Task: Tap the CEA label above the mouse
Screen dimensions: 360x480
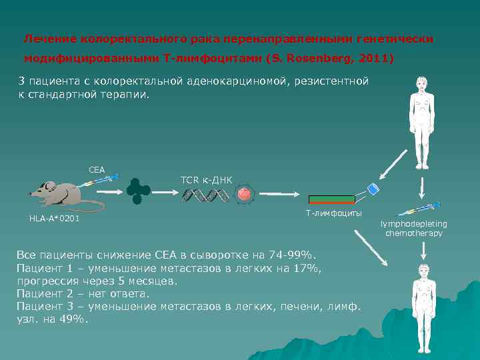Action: pyautogui.click(x=97, y=169)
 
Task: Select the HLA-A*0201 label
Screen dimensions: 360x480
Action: pyautogui.click(x=54, y=219)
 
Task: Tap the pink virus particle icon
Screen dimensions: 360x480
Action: pyautogui.click(x=245, y=194)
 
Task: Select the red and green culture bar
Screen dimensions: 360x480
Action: pyautogui.click(x=331, y=199)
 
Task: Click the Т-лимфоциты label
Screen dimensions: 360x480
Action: pyautogui.click(x=333, y=213)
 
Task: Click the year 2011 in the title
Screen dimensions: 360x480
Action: pyautogui.click(x=377, y=59)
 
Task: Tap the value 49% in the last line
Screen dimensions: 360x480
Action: pyautogui.click(x=73, y=319)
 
